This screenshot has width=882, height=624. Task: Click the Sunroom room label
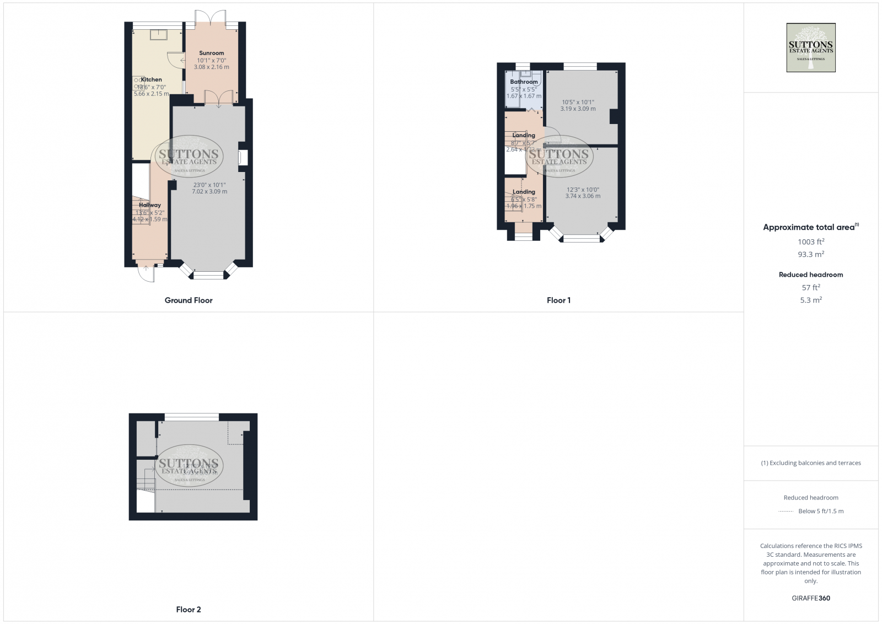(212, 53)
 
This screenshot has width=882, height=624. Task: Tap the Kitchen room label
(152, 80)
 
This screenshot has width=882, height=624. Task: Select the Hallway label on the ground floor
(150, 205)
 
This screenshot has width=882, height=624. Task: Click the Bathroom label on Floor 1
(524, 82)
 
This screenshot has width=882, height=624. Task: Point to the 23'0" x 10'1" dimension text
(209, 185)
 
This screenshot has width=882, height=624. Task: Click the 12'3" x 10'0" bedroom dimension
(583, 190)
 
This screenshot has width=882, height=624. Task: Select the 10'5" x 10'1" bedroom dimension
(578, 102)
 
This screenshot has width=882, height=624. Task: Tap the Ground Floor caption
(189, 300)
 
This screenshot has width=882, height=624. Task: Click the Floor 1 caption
(558, 300)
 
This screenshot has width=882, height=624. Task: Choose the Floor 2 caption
(189, 610)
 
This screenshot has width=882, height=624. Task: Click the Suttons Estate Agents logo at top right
(810, 47)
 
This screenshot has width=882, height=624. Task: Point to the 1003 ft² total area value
(811, 241)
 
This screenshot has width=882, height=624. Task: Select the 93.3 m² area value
(811, 254)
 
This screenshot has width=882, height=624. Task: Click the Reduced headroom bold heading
(811, 275)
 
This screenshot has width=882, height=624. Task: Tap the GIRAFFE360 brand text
(811, 598)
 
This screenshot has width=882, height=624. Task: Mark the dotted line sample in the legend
(786, 512)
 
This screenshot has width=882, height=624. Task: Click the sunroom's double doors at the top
(211, 18)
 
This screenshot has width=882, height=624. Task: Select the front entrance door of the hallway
(146, 273)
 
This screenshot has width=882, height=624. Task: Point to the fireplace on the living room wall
(243, 158)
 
